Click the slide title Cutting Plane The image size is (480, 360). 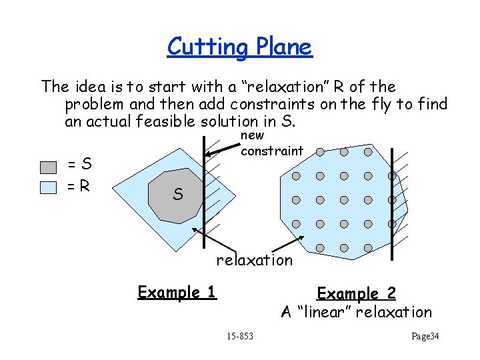point(239,47)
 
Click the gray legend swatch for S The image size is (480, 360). point(48,167)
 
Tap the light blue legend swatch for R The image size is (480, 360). point(48,187)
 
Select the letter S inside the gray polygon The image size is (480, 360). point(177,195)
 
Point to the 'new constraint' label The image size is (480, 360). point(271,144)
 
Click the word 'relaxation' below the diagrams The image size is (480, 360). point(254,260)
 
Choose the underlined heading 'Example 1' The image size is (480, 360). point(177,292)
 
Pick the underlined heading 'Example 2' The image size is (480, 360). point(356,293)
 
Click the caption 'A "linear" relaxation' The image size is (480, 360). point(356,312)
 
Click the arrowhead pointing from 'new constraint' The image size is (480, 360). point(208,154)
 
